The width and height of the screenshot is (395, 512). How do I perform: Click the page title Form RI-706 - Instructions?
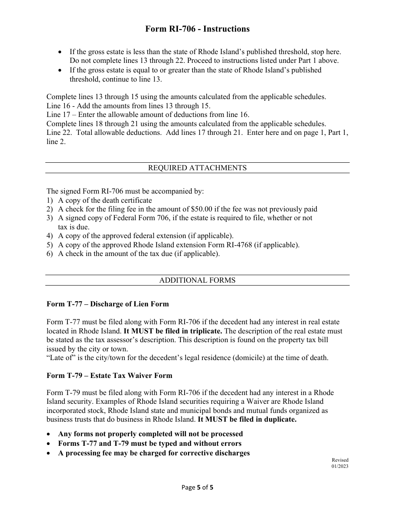(197, 29)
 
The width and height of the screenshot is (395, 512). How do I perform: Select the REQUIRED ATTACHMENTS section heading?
(197, 168)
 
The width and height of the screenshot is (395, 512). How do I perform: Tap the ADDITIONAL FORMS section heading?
(197, 280)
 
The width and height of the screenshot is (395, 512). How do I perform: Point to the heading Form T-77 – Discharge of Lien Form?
(108, 304)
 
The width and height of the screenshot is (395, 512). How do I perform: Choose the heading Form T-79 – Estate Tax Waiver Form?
(109, 375)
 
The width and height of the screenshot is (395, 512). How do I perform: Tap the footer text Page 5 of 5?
(197, 487)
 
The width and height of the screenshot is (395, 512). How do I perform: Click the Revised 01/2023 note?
(340, 463)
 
